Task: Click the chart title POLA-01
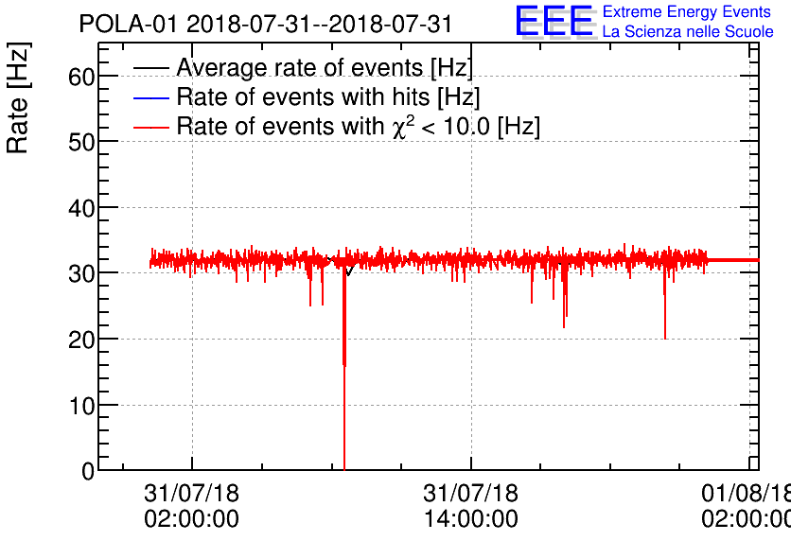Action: pos(266,24)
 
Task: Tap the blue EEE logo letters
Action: pos(554,22)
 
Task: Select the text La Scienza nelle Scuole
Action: pos(688,32)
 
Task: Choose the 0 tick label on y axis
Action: pos(87,470)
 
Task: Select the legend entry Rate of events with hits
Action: pos(327,97)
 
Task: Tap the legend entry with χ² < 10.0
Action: pos(358,127)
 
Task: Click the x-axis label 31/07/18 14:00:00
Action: pos(470,506)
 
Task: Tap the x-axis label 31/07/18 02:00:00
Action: pos(191,506)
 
